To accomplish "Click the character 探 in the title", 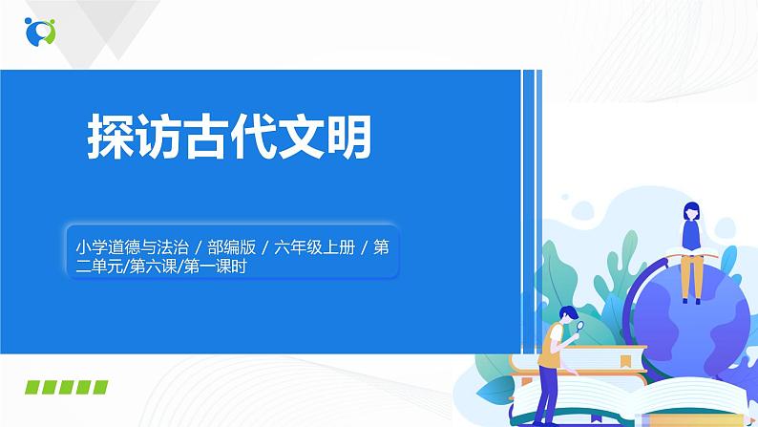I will click(109, 138).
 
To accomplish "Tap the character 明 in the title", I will click(345, 138).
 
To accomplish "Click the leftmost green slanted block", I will click(35, 387).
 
